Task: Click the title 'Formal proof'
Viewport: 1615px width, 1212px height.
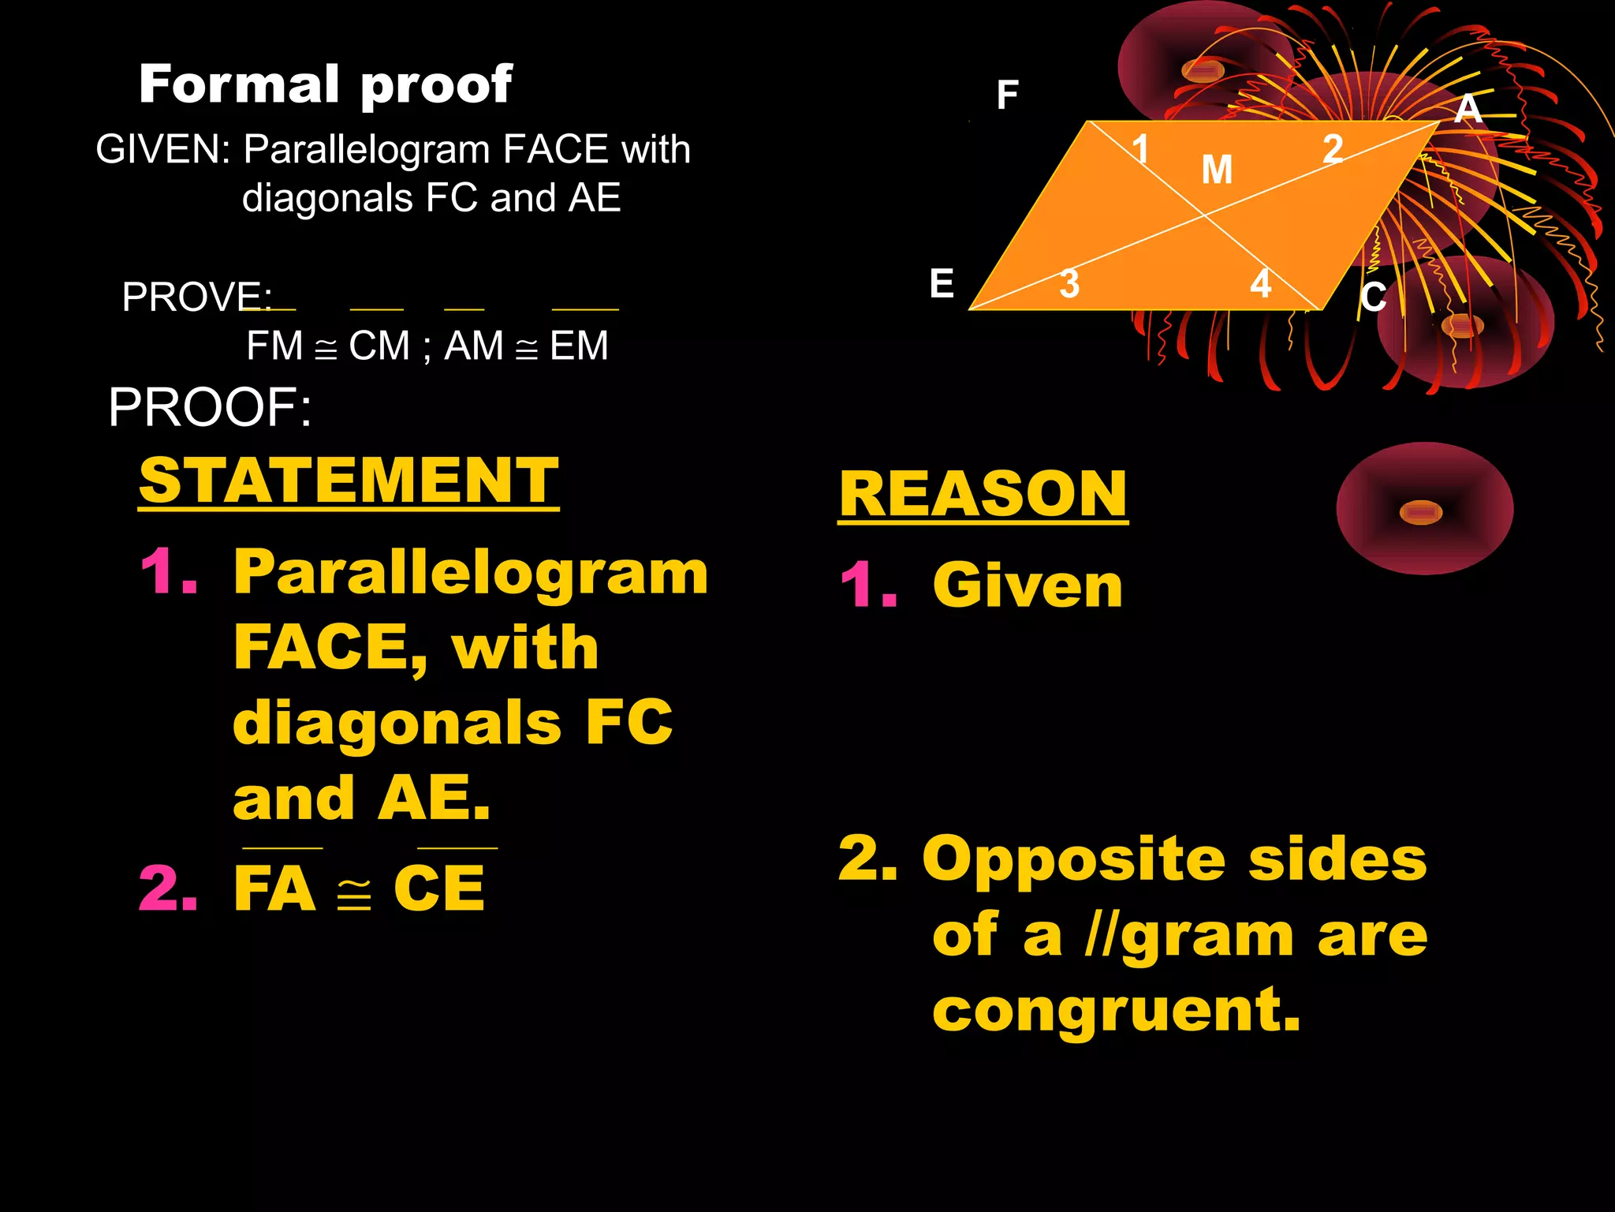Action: coord(325,84)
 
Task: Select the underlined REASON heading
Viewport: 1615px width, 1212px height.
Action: coord(983,494)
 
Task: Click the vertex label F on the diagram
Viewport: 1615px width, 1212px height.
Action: coord(1007,95)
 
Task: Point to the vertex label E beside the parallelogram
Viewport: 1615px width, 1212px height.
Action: coord(942,284)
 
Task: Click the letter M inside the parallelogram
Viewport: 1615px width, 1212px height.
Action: coord(1217,170)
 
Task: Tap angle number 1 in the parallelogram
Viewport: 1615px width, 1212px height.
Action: coord(1140,148)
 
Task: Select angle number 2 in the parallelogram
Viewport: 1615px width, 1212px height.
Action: coord(1333,148)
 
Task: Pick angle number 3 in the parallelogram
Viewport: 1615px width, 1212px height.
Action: coord(1069,284)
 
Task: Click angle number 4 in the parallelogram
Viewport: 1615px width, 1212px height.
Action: coord(1261,284)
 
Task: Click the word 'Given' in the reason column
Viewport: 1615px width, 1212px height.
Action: coord(1028,586)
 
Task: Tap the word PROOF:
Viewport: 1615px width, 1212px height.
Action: coord(210,408)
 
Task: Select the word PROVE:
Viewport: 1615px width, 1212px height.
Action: coord(196,297)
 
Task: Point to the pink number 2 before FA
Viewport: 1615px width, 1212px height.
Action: coord(168,888)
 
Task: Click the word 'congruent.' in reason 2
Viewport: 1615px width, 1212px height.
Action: coord(1116,1010)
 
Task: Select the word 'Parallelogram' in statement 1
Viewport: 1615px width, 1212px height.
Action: coord(471,573)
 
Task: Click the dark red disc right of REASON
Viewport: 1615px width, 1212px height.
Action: coord(1424,509)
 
